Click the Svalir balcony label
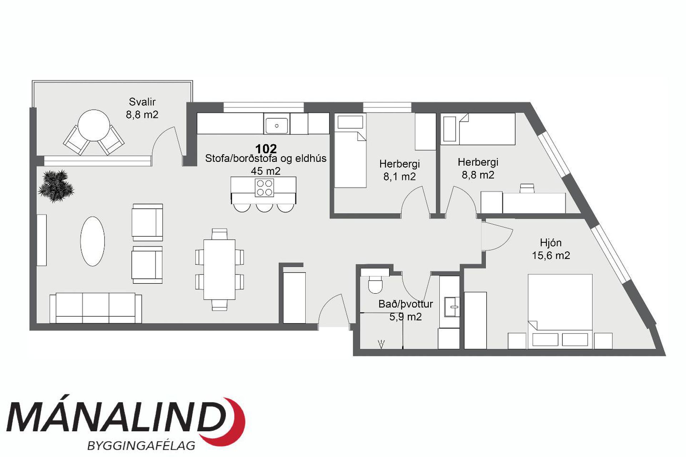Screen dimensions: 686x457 142,102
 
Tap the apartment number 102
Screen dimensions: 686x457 266,149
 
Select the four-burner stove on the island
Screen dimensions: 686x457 264,188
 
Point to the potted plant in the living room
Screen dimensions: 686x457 56,186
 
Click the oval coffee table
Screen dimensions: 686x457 93,241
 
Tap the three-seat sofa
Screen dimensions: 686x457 96,308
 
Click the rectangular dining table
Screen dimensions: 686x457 219,270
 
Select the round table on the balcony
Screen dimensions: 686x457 94,125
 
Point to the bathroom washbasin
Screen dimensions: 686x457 452,306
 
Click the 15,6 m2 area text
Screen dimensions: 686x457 551,255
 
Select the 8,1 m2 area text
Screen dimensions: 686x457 399,176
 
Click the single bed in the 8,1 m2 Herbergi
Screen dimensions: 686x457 350,150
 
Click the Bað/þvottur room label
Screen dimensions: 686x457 406,304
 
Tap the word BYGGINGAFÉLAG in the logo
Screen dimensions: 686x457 141,445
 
